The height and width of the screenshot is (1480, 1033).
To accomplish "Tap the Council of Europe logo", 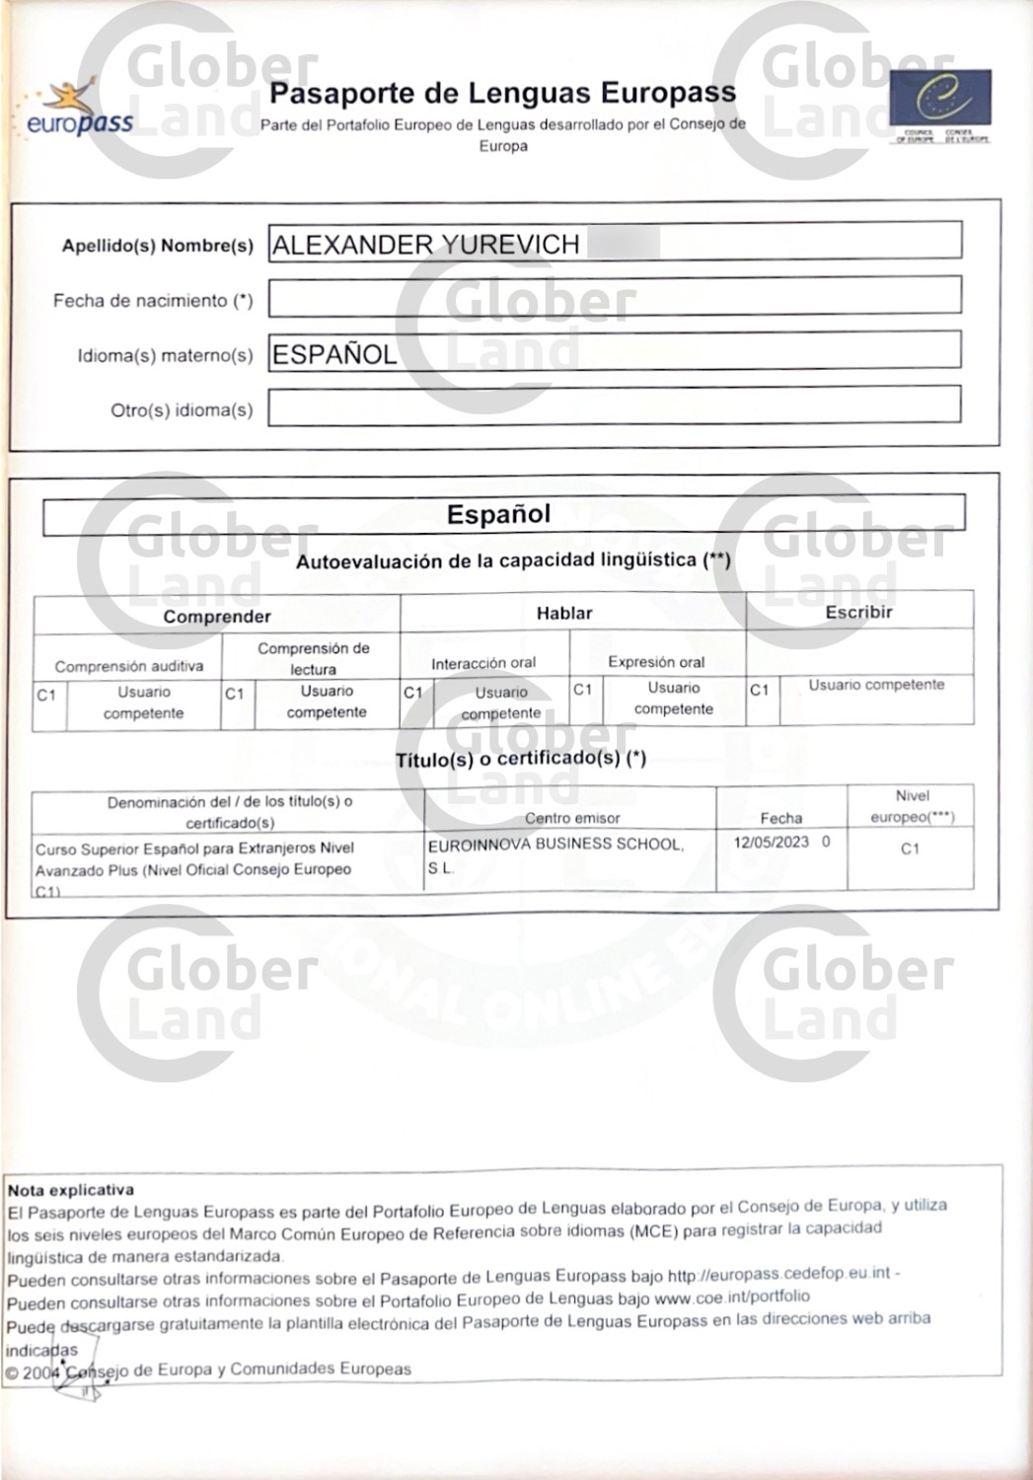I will click(939, 104).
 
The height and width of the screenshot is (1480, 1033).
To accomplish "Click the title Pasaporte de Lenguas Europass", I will click(502, 94).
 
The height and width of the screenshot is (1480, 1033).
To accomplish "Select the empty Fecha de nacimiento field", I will click(614, 296).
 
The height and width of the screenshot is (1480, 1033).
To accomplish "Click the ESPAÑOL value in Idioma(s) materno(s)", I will click(334, 354).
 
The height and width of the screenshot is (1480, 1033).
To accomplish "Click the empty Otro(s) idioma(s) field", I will click(614, 406).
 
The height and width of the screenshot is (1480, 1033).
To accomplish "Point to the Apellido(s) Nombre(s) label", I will click(157, 246).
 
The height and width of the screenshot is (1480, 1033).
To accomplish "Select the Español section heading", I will click(498, 514).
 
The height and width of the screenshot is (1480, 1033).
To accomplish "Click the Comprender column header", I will click(216, 617).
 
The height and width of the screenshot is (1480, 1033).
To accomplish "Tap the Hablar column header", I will click(564, 613).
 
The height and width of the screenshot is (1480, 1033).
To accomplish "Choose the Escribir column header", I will click(858, 612).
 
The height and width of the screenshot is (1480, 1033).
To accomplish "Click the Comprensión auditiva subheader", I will click(128, 666).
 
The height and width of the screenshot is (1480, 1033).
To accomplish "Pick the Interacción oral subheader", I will click(483, 663).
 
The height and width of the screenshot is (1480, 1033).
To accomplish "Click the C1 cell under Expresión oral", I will click(583, 690).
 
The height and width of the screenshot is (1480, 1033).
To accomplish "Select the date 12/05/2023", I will click(772, 843).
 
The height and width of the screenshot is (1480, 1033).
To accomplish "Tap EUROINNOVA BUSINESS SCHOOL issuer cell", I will click(554, 846).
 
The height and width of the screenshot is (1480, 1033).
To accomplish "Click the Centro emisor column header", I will click(572, 818).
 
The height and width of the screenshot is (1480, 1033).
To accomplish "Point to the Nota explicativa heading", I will click(70, 1190).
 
